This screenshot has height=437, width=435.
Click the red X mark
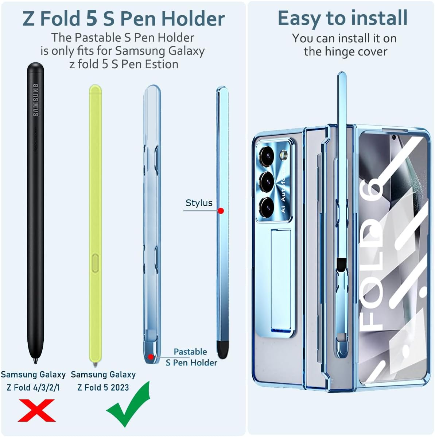tap(36, 410)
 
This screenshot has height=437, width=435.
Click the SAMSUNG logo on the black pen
tap(36, 100)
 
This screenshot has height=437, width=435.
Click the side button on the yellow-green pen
tap(95, 263)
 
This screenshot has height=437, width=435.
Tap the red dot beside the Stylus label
tap(221, 211)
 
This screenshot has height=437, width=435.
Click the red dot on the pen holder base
tap(151, 357)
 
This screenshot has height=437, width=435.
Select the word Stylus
tap(199, 203)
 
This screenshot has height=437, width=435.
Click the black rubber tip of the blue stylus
tap(222, 349)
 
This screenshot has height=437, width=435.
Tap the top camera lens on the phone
tap(267, 156)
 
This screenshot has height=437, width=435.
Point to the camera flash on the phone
tap(284, 155)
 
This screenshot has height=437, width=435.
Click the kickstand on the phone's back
tap(281, 281)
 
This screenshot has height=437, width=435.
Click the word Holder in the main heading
tap(193, 19)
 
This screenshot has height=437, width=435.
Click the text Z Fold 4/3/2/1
tap(33, 387)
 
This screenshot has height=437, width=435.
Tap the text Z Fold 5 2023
tap(103, 387)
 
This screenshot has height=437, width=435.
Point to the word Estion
tap(162, 64)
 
